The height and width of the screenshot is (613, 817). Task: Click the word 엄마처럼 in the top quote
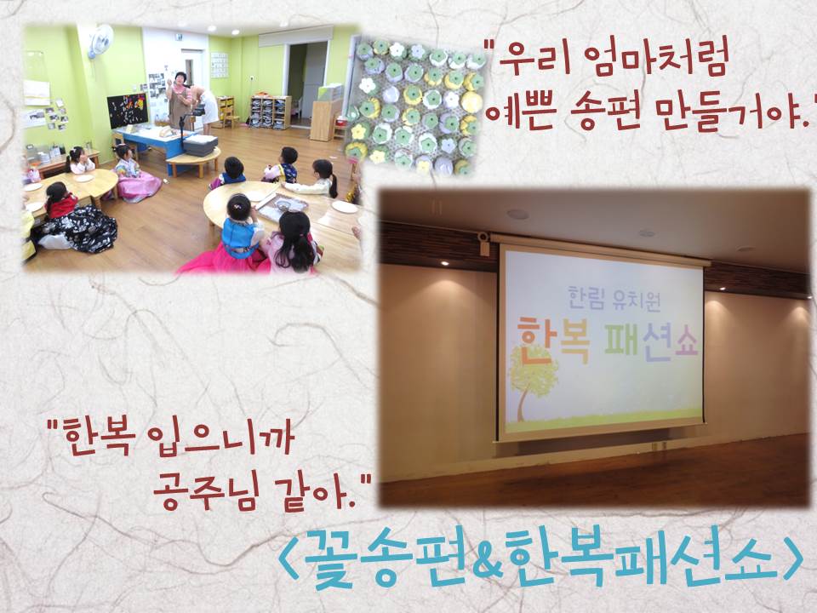(x=655, y=60)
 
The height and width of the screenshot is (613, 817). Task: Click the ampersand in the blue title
(x=487, y=559)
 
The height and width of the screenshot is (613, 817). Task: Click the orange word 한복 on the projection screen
(x=553, y=342)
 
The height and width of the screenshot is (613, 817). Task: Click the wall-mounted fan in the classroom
(x=100, y=40)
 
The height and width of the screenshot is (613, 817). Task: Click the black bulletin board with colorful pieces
(x=127, y=110)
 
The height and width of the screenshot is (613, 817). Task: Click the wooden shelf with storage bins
(x=270, y=112)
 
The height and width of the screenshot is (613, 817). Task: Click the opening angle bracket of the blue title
(x=288, y=559)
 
